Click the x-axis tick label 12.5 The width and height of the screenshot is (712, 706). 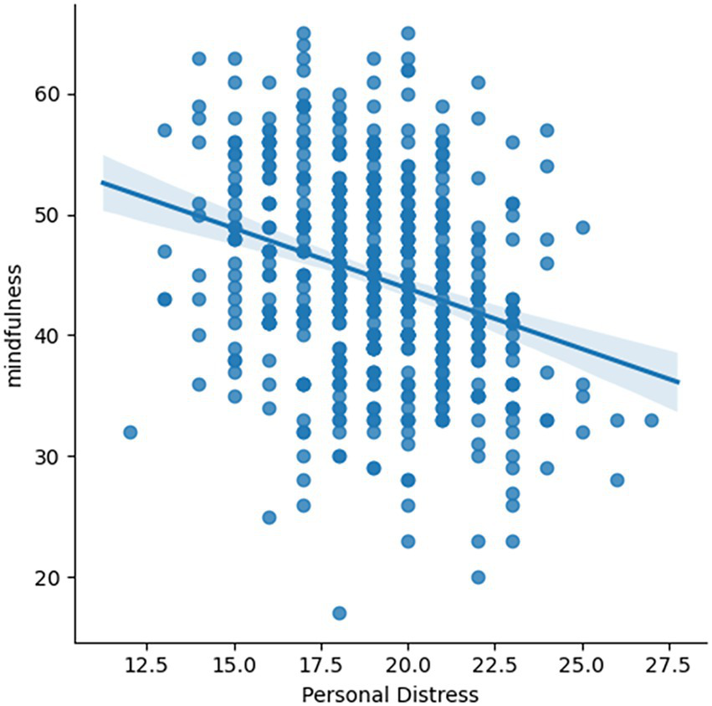click(x=147, y=665)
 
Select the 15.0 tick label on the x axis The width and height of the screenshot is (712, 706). click(x=234, y=665)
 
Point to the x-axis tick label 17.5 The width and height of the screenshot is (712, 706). click(x=321, y=665)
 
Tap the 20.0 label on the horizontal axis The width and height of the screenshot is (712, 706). click(x=407, y=665)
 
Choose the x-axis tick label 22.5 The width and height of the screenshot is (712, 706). click(x=494, y=665)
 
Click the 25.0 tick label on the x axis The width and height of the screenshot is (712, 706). click(x=581, y=665)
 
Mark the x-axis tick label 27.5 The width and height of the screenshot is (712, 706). click(x=668, y=665)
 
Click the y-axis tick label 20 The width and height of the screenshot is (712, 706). click(x=55, y=577)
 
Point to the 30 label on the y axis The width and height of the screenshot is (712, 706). click(x=55, y=456)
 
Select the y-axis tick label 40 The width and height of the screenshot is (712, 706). click(x=55, y=336)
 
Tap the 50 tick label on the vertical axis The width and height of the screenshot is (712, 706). click(x=55, y=215)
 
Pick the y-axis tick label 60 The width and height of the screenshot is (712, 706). click(x=55, y=95)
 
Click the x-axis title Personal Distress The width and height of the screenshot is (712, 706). click(x=389, y=693)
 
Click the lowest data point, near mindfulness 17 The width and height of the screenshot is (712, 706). click(x=339, y=613)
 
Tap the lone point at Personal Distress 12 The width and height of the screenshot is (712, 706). click(x=130, y=432)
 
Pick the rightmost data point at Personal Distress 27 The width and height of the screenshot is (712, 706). click(x=651, y=420)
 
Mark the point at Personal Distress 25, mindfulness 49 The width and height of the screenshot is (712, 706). click(x=582, y=227)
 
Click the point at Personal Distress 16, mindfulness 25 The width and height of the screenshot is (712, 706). click(x=269, y=517)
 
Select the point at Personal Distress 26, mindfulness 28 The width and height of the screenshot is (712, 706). click(x=617, y=480)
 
